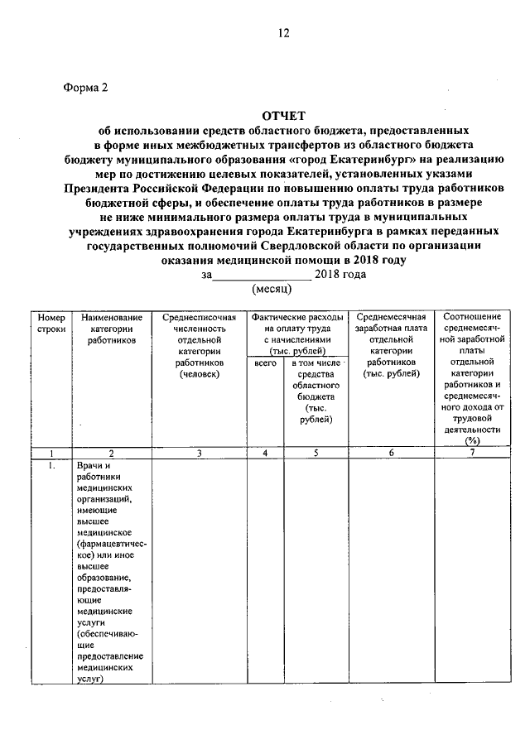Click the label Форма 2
click(85, 88)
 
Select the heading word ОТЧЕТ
click(282, 117)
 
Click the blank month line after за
click(263, 276)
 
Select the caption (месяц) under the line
click(272, 290)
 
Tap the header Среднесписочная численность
click(199, 345)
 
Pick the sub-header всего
click(265, 363)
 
